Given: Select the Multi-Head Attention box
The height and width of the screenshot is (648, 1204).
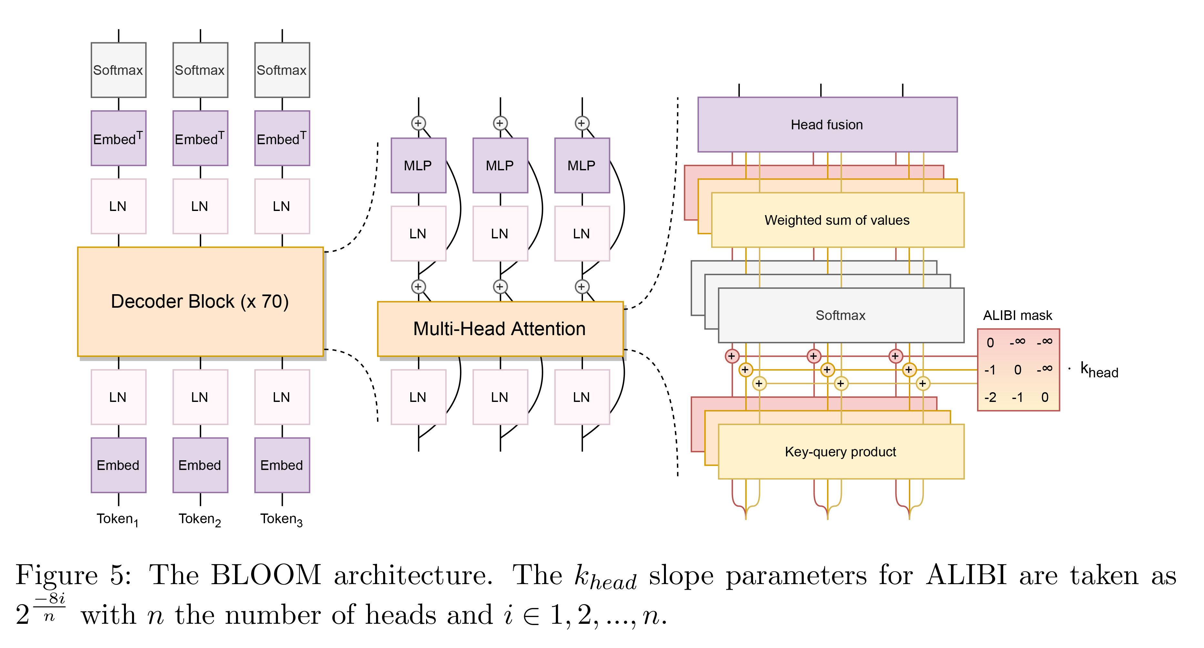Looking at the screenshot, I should point(500,329).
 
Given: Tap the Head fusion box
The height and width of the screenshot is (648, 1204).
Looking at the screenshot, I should point(827,125).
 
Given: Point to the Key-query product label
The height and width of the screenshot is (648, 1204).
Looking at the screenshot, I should point(840,452).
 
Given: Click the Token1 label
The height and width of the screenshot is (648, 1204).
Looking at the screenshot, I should point(117,519).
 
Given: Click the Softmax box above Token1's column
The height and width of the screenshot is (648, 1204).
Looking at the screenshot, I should point(118,70).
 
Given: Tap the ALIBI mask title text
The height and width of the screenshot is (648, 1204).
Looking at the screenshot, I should point(1017,315).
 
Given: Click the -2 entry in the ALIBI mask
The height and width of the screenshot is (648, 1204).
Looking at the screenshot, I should point(990,398).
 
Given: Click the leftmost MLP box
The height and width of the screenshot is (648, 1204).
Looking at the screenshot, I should point(418,165).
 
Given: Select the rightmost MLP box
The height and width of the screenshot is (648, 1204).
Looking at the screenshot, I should point(582,165).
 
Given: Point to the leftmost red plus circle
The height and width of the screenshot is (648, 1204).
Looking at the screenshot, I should point(731,356).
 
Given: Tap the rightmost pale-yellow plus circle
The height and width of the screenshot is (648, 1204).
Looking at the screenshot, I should point(922,384).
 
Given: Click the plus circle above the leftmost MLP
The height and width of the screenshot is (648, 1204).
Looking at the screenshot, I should point(418,123).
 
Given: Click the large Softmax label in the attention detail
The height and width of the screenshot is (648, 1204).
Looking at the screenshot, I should point(840,315).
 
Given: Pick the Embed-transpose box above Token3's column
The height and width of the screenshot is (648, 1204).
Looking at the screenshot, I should point(282,138).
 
